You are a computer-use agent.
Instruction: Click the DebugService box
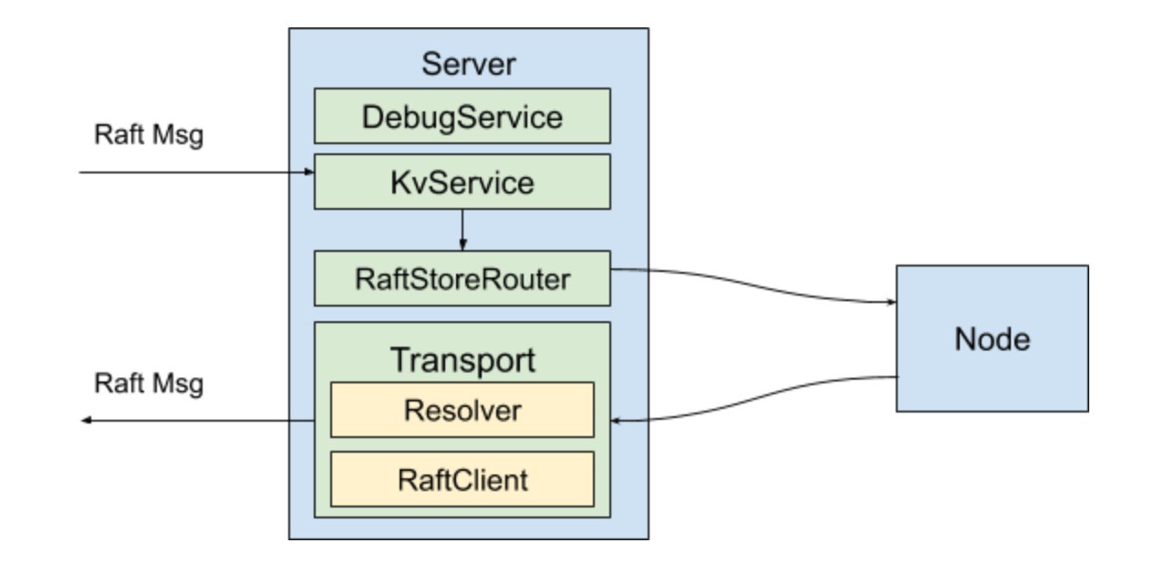pyautogui.click(x=462, y=116)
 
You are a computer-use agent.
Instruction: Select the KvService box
pyautogui.click(x=462, y=182)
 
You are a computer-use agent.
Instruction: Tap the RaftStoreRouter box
pyautogui.click(x=462, y=278)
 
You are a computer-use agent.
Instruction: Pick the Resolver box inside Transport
pyautogui.click(x=462, y=410)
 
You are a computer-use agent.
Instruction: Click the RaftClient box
pyautogui.click(x=462, y=479)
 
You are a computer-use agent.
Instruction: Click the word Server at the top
pyautogui.click(x=468, y=65)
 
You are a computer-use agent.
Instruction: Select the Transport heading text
pyautogui.click(x=463, y=360)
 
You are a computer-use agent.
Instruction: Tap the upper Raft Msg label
pyautogui.click(x=149, y=135)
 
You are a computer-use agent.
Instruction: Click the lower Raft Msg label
pyautogui.click(x=149, y=382)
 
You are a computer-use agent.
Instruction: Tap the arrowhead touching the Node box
pyautogui.click(x=889, y=305)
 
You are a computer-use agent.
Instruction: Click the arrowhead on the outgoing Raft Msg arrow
pyautogui.click(x=86, y=421)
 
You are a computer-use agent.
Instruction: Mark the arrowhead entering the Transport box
pyautogui.click(x=617, y=421)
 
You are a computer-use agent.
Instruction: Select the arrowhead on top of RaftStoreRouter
pyautogui.click(x=463, y=245)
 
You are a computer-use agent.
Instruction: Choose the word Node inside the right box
pyautogui.click(x=992, y=339)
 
